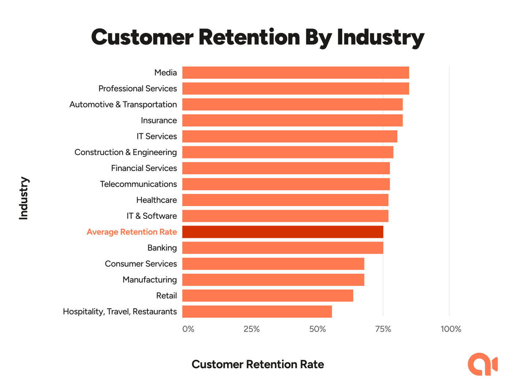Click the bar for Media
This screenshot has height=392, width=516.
295,72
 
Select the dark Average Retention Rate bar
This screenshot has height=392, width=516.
283,232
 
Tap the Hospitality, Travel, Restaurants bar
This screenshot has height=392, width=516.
257,311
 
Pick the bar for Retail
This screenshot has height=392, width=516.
268,296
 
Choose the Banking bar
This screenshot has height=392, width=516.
283,248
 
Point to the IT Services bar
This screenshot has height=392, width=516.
289,136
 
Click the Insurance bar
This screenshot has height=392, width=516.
292,120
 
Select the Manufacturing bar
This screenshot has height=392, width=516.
273,280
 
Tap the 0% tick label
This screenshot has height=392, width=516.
188,329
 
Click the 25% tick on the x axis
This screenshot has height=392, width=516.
252,329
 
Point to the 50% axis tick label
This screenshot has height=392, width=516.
317,329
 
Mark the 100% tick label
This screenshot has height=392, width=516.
451,329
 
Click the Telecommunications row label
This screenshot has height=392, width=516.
138,184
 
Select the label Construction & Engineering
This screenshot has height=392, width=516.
126,152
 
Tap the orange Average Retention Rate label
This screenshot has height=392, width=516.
132,232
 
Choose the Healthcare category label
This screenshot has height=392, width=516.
156,200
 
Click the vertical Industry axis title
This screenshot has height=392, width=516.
24,198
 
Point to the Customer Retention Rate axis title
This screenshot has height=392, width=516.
258,365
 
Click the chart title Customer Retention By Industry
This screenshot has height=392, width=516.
258,37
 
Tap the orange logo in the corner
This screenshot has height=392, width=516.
482,364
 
